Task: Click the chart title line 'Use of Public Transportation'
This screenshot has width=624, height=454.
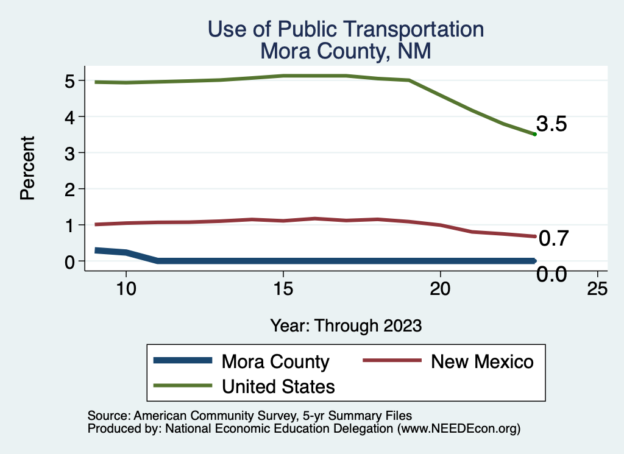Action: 346,29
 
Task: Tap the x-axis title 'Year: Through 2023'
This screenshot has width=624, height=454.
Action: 346,325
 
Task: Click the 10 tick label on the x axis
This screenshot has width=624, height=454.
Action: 126,288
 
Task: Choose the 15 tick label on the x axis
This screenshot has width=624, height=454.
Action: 283,288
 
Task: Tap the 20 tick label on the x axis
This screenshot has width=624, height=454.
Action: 440,288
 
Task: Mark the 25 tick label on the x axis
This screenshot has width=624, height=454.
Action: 597,288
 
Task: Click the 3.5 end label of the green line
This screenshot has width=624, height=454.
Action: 552,124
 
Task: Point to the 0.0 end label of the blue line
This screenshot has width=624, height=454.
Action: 552,275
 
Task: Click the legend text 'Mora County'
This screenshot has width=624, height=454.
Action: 275,361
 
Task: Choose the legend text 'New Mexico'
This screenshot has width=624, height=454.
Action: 482,361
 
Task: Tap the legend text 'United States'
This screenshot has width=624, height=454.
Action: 278,386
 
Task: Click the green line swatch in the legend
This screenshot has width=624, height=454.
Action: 183,386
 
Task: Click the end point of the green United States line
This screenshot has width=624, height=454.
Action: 534,134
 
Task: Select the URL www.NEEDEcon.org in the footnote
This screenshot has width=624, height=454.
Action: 459,428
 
